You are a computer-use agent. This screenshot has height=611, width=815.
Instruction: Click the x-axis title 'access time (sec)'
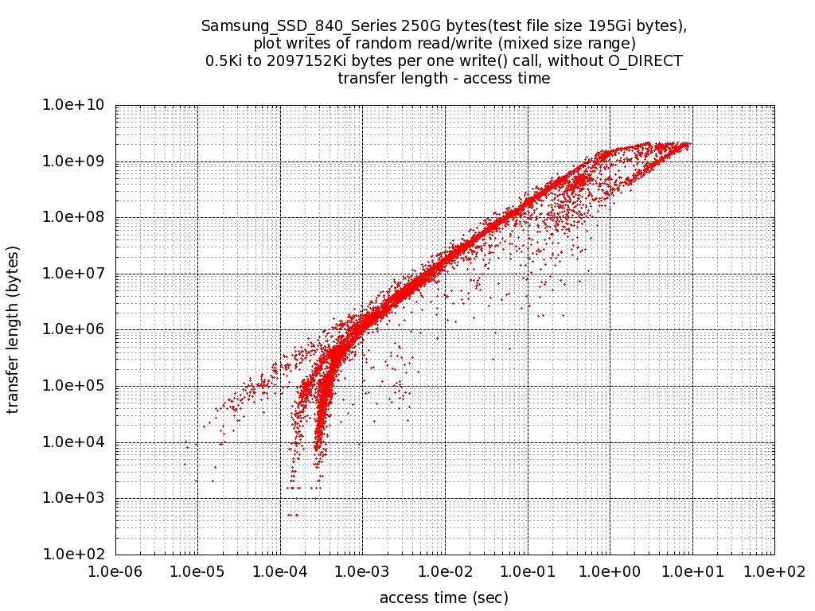click(444, 597)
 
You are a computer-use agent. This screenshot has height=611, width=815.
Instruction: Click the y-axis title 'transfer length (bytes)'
click(13, 330)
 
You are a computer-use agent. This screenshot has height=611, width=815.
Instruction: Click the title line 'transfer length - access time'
click(444, 78)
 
